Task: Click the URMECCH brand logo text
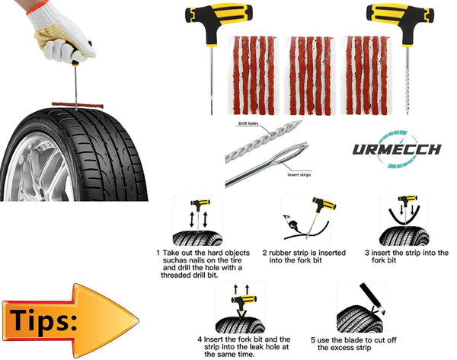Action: point(397,148)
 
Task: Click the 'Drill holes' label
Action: point(248,123)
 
